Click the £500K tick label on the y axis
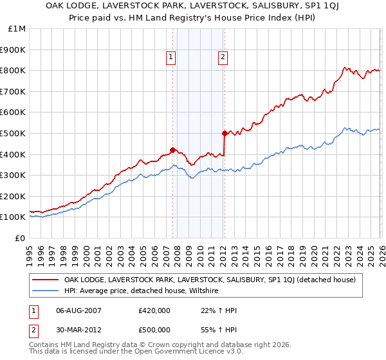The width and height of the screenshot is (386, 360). tap(14, 133)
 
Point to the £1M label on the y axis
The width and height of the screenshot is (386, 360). tap(17, 28)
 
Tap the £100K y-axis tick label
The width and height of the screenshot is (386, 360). tap(14, 217)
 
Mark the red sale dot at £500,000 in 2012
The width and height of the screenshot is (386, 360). tap(225, 133)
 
